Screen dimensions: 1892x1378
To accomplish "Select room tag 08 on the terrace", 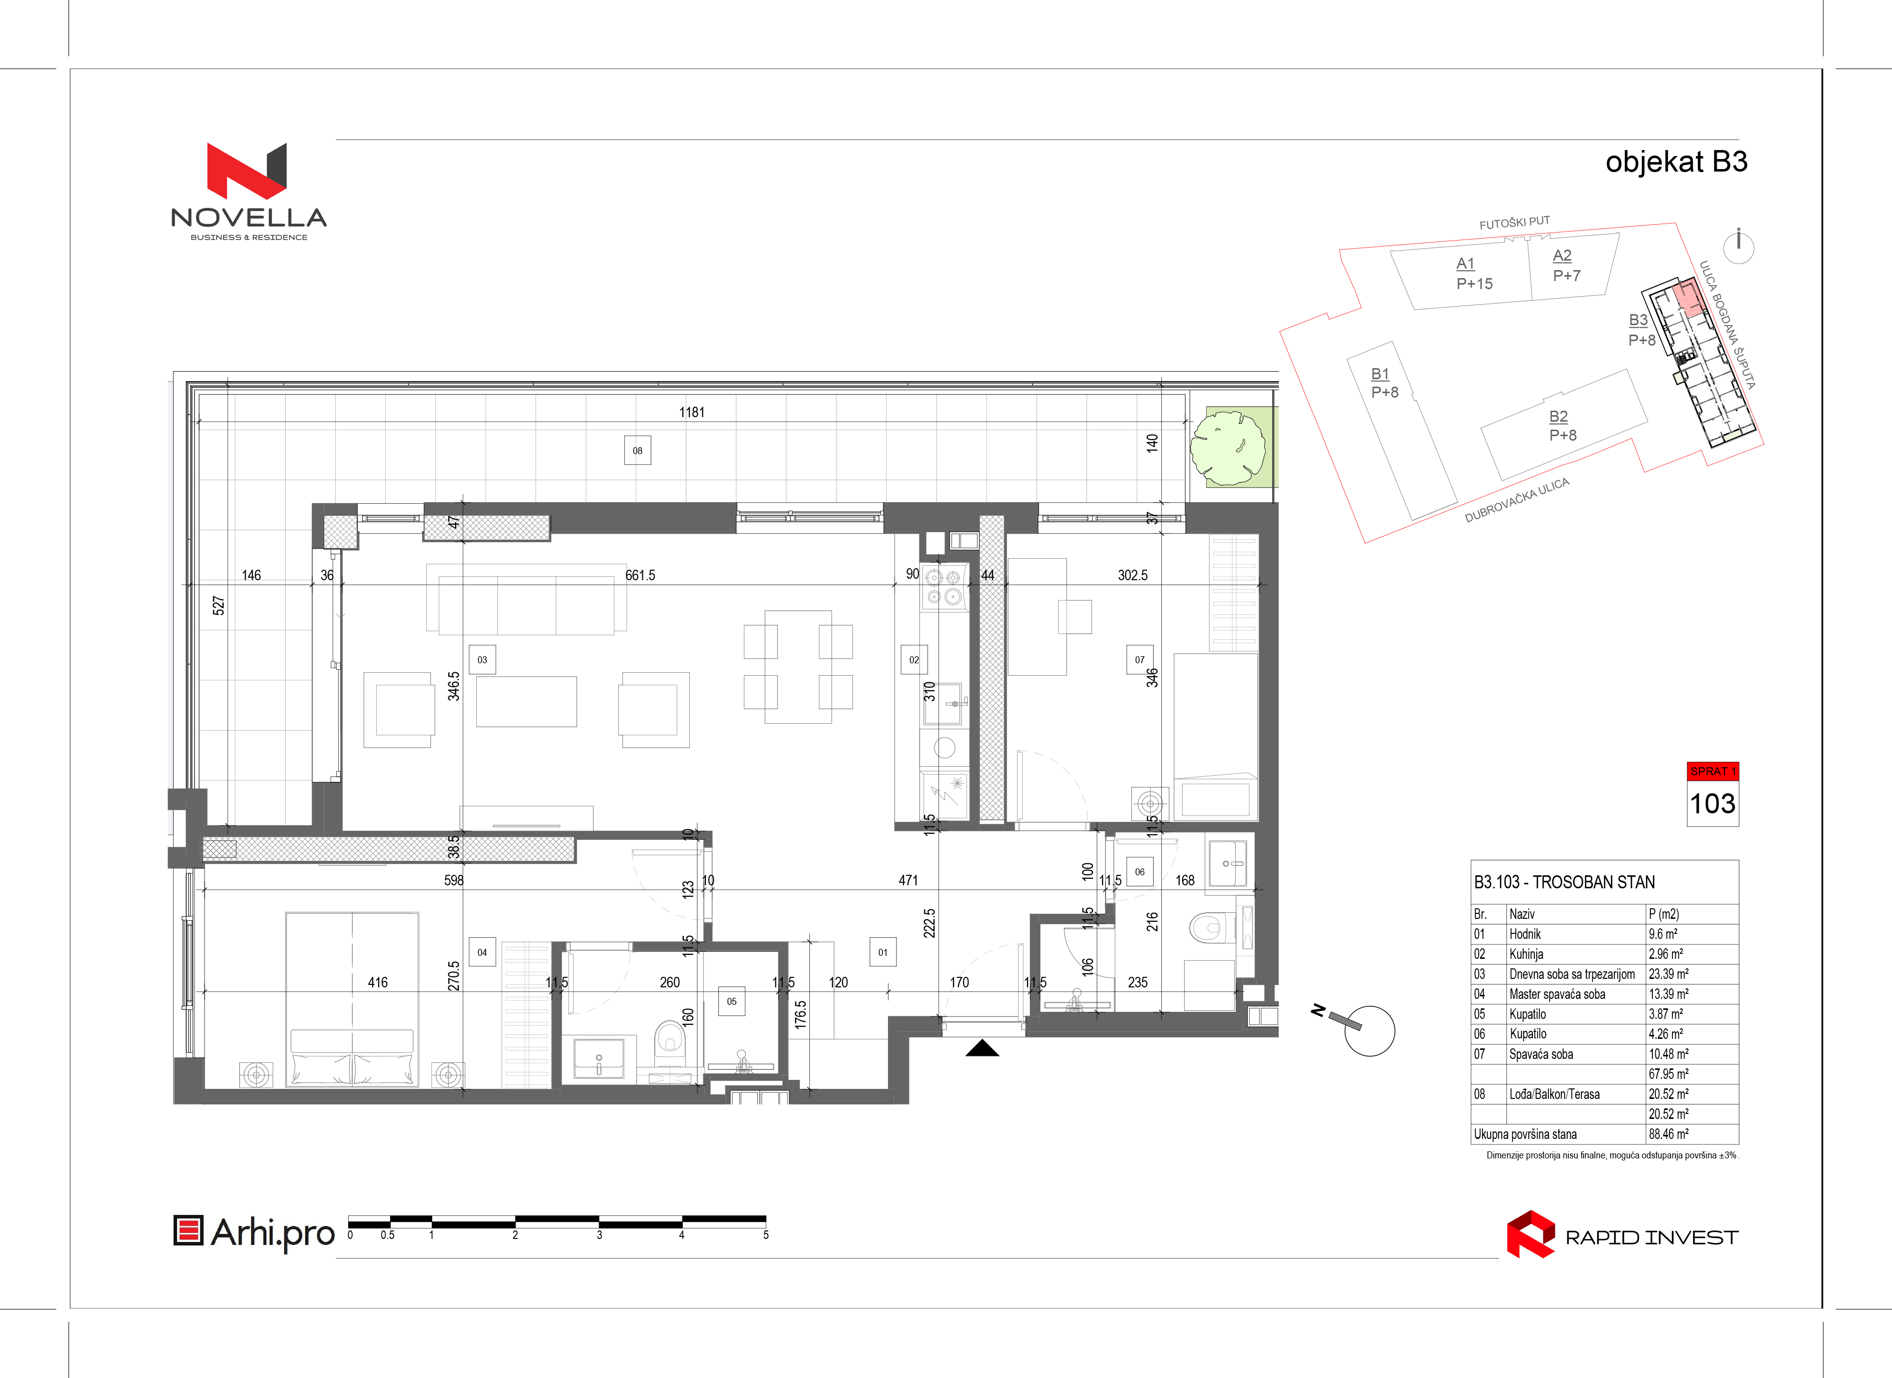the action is [x=637, y=451].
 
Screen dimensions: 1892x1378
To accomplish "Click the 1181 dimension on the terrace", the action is [x=691, y=412].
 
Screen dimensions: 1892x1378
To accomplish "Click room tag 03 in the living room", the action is [x=482, y=660].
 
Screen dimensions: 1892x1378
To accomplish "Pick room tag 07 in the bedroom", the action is [x=1140, y=660].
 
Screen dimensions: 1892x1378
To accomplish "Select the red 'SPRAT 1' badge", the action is [x=1712, y=772].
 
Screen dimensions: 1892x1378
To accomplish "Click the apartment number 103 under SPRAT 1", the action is [x=1712, y=804].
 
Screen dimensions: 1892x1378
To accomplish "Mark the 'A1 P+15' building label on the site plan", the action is [x=1474, y=274].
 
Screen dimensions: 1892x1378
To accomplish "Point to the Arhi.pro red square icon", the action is [x=189, y=1231].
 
